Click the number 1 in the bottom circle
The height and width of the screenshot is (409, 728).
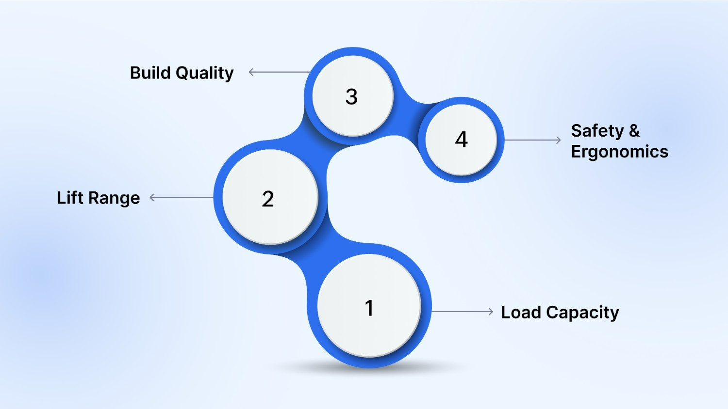point(369,308)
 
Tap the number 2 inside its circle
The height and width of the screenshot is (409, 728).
point(268,199)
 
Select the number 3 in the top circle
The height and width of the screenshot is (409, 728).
point(352,96)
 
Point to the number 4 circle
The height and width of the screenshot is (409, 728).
point(462,140)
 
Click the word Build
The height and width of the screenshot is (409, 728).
point(150,73)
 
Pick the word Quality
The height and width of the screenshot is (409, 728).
point(204,73)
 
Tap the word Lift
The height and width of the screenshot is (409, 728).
point(70,198)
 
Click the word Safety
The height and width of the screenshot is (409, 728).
point(597,131)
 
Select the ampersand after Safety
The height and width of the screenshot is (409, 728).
point(634,131)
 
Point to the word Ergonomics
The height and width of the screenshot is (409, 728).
point(620,152)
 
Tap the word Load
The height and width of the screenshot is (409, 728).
point(521,313)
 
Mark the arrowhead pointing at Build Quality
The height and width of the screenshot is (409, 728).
point(251,72)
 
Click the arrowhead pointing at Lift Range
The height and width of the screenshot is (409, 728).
point(152,197)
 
